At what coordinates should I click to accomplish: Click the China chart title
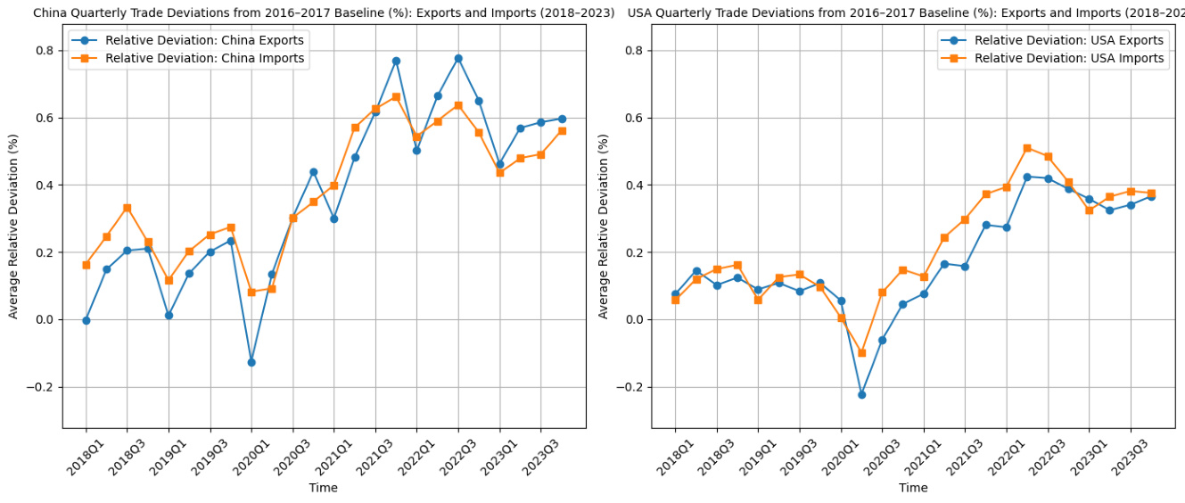(x=324, y=12)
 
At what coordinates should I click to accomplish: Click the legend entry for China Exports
(x=204, y=40)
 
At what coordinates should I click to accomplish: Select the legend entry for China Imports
(x=204, y=58)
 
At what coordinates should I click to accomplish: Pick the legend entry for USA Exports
(x=1068, y=40)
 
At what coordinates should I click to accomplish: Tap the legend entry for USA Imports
(x=1068, y=58)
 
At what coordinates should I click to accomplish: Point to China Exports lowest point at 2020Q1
(x=251, y=362)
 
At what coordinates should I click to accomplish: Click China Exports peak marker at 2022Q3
(x=458, y=59)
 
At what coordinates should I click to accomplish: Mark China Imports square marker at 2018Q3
(x=128, y=208)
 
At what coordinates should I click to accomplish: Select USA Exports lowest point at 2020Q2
(x=861, y=394)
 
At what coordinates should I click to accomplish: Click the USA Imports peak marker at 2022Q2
(x=1027, y=148)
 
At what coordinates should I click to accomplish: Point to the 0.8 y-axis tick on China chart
(x=43, y=51)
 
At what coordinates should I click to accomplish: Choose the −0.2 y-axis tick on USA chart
(x=632, y=387)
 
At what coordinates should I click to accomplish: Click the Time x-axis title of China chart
(x=324, y=488)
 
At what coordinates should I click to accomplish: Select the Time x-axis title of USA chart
(x=913, y=488)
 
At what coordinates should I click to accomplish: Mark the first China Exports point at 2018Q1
(x=86, y=320)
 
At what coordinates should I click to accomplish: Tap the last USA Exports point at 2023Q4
(x=1151, y=196)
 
